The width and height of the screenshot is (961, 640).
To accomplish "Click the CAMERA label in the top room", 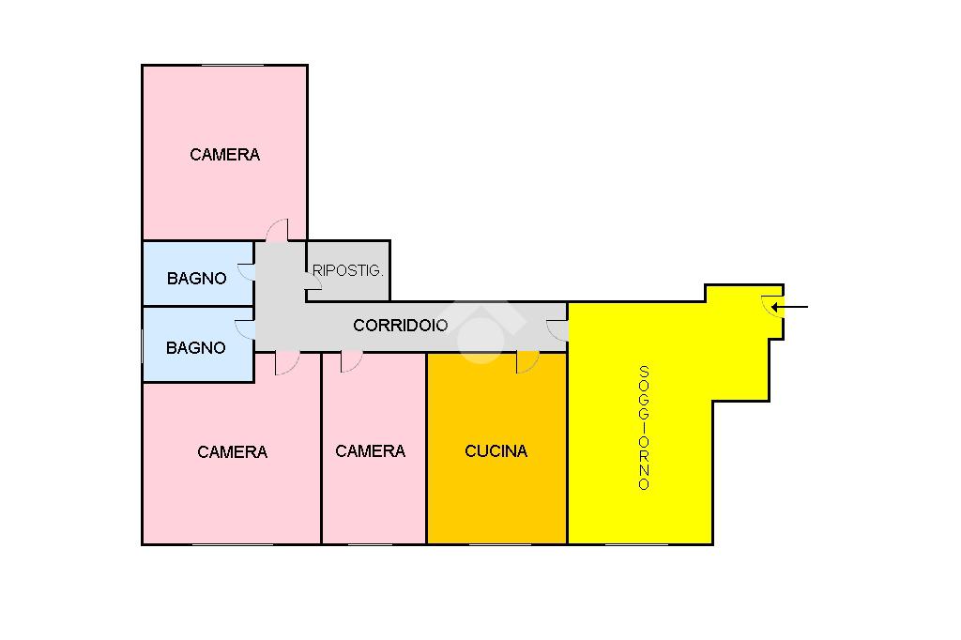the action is click(224, 155).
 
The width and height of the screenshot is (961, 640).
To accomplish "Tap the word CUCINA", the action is click(496, 451).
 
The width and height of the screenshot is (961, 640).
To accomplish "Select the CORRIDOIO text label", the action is click(401, 326).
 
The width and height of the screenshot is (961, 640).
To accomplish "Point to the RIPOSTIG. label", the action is click(347, 270).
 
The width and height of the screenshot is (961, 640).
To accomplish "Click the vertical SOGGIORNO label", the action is click(644, 427).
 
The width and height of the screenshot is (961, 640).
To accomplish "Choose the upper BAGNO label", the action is click(196, 279).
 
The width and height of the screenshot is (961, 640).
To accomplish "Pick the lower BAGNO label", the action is click(195, 348).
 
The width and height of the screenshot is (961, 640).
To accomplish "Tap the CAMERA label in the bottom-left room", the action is click(232, 452).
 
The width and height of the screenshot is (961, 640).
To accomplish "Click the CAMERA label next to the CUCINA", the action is click(370, 451).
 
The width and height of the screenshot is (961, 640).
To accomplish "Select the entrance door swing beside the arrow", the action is click(772, 305).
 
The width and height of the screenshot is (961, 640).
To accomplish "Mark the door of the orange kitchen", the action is click(527, 361).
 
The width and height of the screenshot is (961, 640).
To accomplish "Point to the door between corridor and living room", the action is click(557, 329).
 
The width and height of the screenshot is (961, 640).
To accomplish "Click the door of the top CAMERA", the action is click(278, 230).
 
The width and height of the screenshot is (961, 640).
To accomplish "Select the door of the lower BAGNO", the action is click(245, 329).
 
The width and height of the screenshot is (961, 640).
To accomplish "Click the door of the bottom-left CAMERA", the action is click(286, 363).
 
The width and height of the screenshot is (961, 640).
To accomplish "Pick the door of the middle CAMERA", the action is click(351, 361).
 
